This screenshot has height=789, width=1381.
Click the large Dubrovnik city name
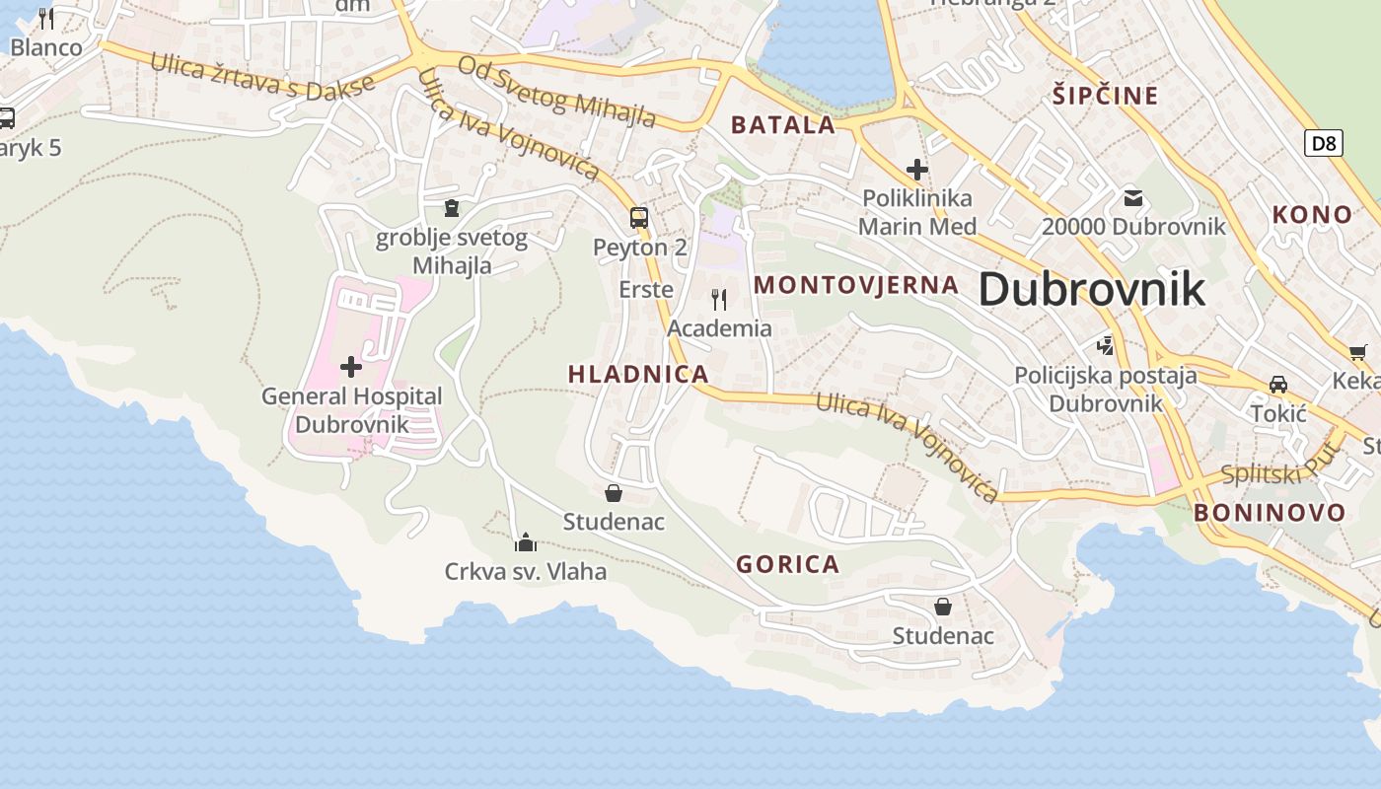[1092, 290]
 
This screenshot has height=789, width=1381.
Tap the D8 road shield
[1323, 143]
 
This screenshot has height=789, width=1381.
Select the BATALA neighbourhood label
[783, 125]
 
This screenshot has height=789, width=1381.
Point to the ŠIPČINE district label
[1105, 96]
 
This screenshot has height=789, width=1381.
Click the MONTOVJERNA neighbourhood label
[856, 285]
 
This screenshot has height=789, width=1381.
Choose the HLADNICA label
[638, 374]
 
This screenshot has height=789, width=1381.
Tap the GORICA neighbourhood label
[788, 564]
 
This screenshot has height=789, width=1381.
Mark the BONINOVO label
[1270, 513]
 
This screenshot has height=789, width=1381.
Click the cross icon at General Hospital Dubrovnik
[350, 368]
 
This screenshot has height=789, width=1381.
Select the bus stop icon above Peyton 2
[639, 218]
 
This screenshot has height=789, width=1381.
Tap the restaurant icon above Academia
[719, 299]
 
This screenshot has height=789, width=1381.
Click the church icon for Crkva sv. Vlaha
[526, 542]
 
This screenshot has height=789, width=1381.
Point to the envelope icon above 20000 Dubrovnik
[1133, 198]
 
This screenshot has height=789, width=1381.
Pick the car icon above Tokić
[1278, 385]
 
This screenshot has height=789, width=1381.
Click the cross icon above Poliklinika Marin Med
[917, 170]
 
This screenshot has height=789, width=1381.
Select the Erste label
[646, 290]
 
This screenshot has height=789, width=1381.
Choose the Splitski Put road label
[1280, 466]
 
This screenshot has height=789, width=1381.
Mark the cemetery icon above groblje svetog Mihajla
[452, 208]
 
